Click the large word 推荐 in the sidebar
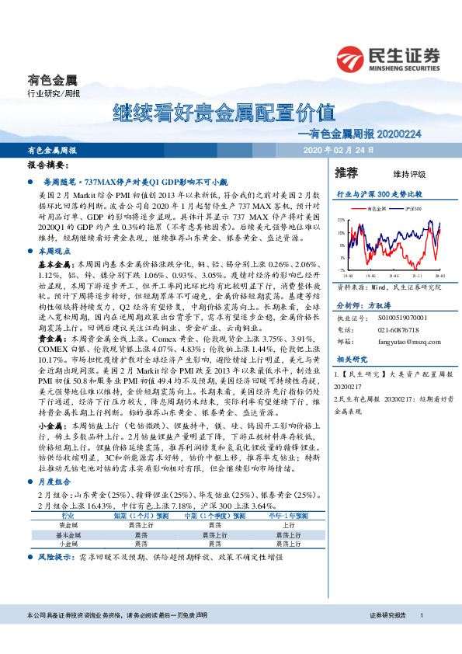(x=346, y=172)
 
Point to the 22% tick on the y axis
(x=342, y=220)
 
